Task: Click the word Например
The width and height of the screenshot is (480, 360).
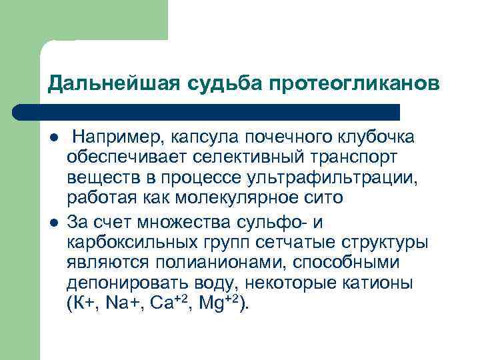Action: tap(113, 137)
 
